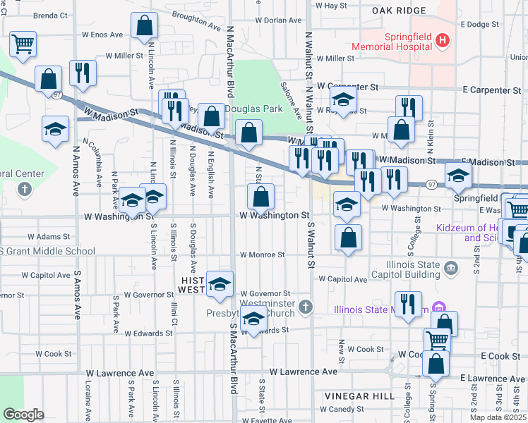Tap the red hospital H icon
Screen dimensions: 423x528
443,40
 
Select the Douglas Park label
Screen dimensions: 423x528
254,109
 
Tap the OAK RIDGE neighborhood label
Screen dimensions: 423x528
401,11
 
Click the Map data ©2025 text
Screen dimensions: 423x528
498,417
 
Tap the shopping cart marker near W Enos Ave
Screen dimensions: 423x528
23,44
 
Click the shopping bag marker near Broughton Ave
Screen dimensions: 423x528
145,27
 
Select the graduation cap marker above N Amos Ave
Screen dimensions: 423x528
56,130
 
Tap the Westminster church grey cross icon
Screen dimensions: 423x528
305,307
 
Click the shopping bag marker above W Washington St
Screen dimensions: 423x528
260,196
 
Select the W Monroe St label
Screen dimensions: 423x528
262,255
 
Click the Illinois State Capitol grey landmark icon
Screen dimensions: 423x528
452,267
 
